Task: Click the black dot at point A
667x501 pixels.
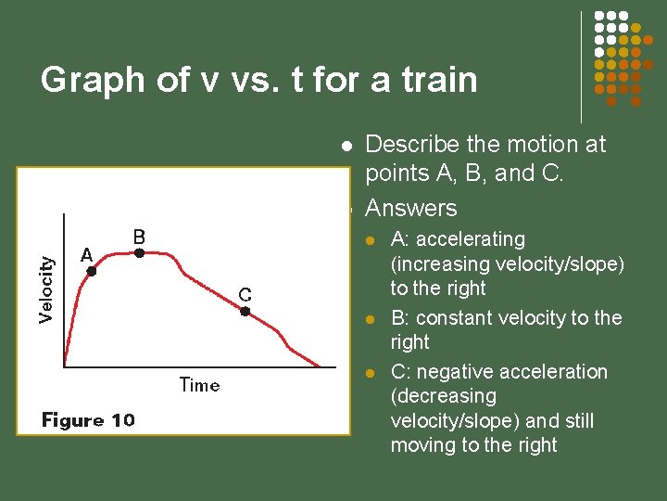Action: (x=91, y=271)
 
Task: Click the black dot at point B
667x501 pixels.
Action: (x=138, y=251)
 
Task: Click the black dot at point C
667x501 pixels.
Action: (x=245, y=312)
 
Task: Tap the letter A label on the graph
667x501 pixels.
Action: (x=86, y=254)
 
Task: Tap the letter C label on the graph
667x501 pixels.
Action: (x=245, y=295)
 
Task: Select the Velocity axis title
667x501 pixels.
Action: (x=46, y=289)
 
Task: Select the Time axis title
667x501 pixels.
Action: (x=199, y=384)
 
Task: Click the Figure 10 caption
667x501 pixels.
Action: (x=88, y=420)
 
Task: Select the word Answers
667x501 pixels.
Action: (x=411, y=208)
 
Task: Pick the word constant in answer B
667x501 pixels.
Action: (x=454, y=318)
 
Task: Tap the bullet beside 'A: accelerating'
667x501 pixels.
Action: (x=370, y=240)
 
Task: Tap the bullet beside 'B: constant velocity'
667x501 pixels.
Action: (x=370, y=319)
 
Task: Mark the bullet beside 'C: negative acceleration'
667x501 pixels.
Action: (x=370, y=373)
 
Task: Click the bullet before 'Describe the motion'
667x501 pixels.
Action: (x=346, y=146)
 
